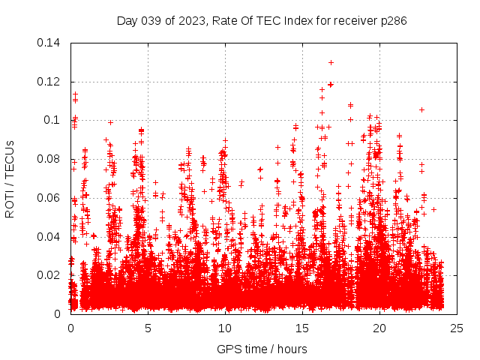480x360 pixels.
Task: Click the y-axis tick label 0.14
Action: [x=50, y=43]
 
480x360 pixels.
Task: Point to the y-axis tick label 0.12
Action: [x=50, y=82]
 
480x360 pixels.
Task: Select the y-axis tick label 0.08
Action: [x=50, y=159]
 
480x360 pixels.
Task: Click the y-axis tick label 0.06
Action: [x=50, y=198]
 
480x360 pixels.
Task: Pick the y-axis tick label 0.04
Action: [x=50, y=237]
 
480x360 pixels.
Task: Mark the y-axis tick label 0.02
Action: [x=50, y=275]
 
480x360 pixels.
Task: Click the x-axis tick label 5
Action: [x=148, y=328]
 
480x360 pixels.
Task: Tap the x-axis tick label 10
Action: [x=225, y=328]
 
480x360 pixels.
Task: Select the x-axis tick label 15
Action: [x=302, y=328]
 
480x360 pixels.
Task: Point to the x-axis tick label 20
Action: [x=379, y=328]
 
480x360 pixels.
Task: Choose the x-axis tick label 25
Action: [x=457, y=328]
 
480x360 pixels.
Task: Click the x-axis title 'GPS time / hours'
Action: [x=262, y=349]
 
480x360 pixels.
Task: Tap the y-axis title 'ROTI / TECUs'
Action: [x=10, y=178]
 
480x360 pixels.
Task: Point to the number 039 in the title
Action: [x=151, y=20]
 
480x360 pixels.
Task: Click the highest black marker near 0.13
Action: [x=331, y=62]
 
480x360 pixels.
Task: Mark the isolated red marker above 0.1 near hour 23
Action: [x=421, y=109]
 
